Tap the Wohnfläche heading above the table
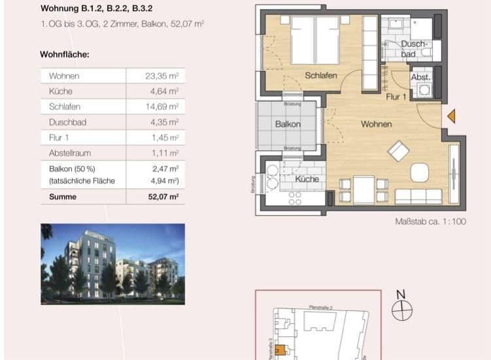tap(65, 54)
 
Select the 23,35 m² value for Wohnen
tap(161, 76)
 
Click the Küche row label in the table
tap(60, 91)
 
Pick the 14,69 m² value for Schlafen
tap(161, 106)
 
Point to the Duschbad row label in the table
tap(67, 122)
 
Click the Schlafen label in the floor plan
tap(321, 76)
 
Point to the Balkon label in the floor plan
tap(287, 124)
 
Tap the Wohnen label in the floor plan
tap(376, 124)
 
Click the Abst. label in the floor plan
tap(419, 77)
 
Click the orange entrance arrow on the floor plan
tap(451, 117)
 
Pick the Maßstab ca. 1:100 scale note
tap(430, 222)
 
